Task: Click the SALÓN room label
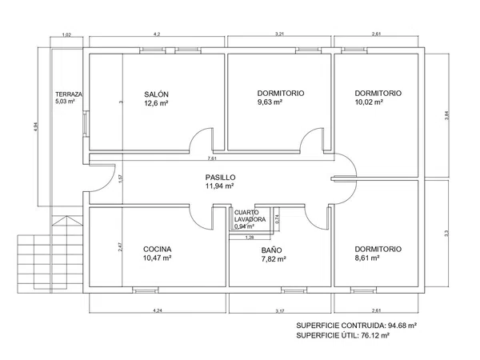(x=156, y=94)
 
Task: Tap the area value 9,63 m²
(x=270, y=102)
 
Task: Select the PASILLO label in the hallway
(x=221, y=178)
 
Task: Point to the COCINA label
(x=157, y=249)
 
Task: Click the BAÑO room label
(x=271, y=250)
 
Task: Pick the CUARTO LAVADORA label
(x=250, y=216)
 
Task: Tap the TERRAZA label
(x=69, y=94)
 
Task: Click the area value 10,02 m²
(x=369, y=102)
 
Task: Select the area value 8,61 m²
(x=367, y=258)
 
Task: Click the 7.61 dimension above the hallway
(x=212, y=158)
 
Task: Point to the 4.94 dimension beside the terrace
(x=35, y=126)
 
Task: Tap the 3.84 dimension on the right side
(x=446, y=115)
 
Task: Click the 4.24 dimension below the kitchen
(x=158, y=310)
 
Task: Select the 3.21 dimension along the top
(x=279, y=34)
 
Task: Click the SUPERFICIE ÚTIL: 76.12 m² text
(x=343, y=335)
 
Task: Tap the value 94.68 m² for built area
(x=402, y=326)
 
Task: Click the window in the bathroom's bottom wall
(x=294, y=290)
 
